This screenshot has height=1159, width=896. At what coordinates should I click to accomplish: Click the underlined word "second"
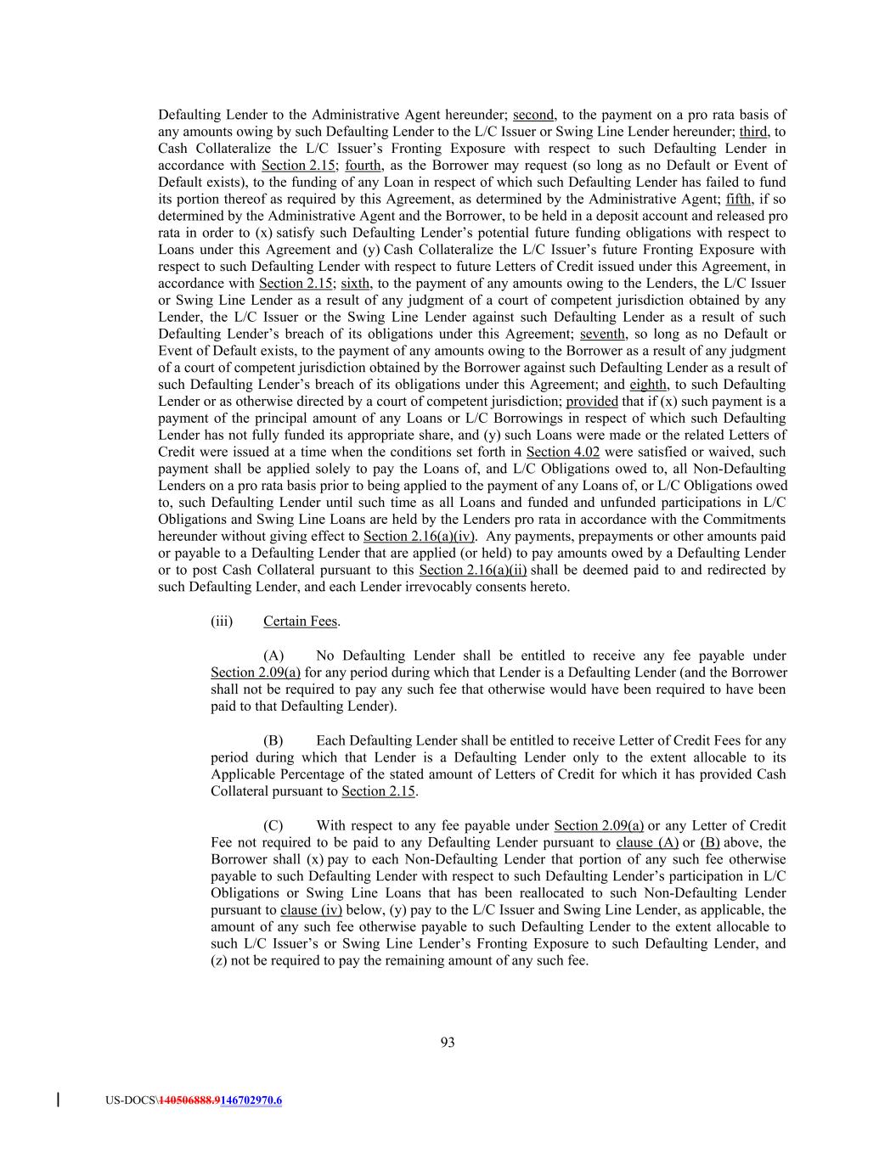pyautogui.click(x=533, y=115)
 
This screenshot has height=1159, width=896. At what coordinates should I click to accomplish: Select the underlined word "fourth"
pyautogui.click(x=363, y=166)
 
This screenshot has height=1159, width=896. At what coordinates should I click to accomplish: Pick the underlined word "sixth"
pyautogui.click(x=355, y=284)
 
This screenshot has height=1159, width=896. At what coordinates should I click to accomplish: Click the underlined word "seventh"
pyautogui.click(x=602, y=334)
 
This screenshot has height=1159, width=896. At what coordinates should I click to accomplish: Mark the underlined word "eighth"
pyautogui.click(x=648, y=385)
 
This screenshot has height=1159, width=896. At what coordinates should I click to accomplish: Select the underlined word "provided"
pyautogui.click(x=592, y=402)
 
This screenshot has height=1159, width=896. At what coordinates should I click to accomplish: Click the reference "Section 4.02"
pyautogui.click(x=563, y=452)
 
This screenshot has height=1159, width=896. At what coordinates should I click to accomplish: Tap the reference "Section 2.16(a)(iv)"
pyautogui.click(x=420, y=537)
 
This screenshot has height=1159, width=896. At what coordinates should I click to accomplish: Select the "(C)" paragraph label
pyautogui.click(x=273, y=825)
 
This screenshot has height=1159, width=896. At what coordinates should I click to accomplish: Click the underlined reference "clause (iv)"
pyautogui.click(x=311, y=910)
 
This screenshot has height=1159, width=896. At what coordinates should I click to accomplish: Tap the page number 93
pyautogui.click(x=448, y=1043)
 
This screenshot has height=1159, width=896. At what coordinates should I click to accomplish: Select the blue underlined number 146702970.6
pyautogui.click(x=251, y=1100)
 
